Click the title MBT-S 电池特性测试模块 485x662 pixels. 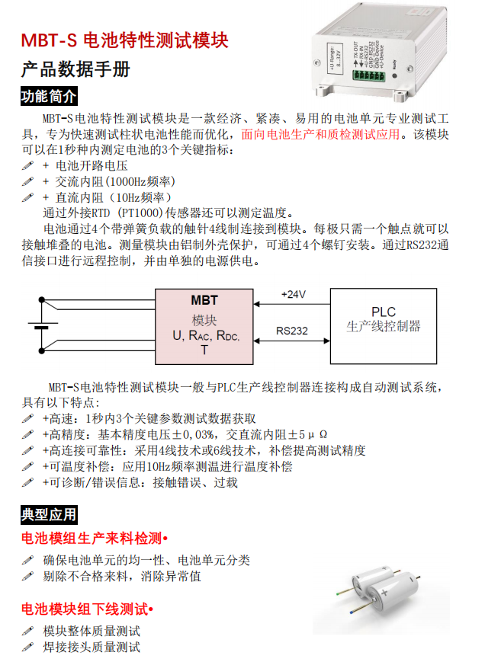point(124,40)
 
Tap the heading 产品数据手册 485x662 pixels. point(75,70)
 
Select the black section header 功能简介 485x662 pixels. point(49,98)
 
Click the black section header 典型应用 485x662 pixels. point(49,516)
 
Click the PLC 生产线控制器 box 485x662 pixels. point(383,325)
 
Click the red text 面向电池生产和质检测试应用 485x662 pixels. point(320,135)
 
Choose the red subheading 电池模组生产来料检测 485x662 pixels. point(92,539)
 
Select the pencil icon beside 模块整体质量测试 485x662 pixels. point(28,632)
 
